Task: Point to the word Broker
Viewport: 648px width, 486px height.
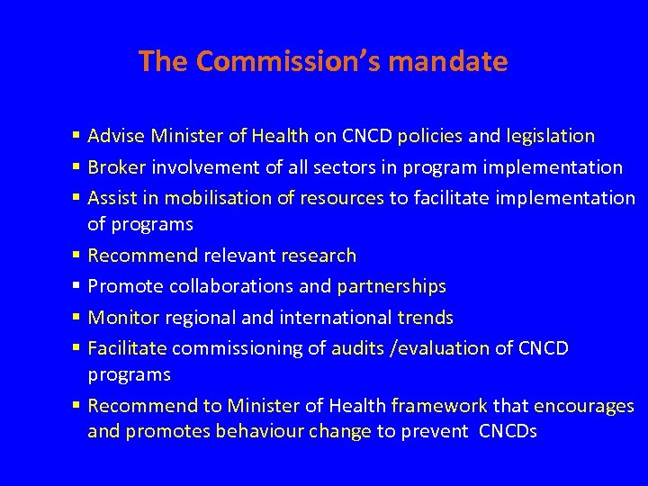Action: point(117,166)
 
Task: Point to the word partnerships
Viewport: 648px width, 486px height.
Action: point(391,286)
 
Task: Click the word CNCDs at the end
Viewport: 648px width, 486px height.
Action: point(508,431)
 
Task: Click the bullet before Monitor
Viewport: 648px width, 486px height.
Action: point(78,318)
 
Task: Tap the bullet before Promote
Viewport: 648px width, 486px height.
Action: point(78,287)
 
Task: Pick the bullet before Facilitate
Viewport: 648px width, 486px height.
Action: point(78,348)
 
